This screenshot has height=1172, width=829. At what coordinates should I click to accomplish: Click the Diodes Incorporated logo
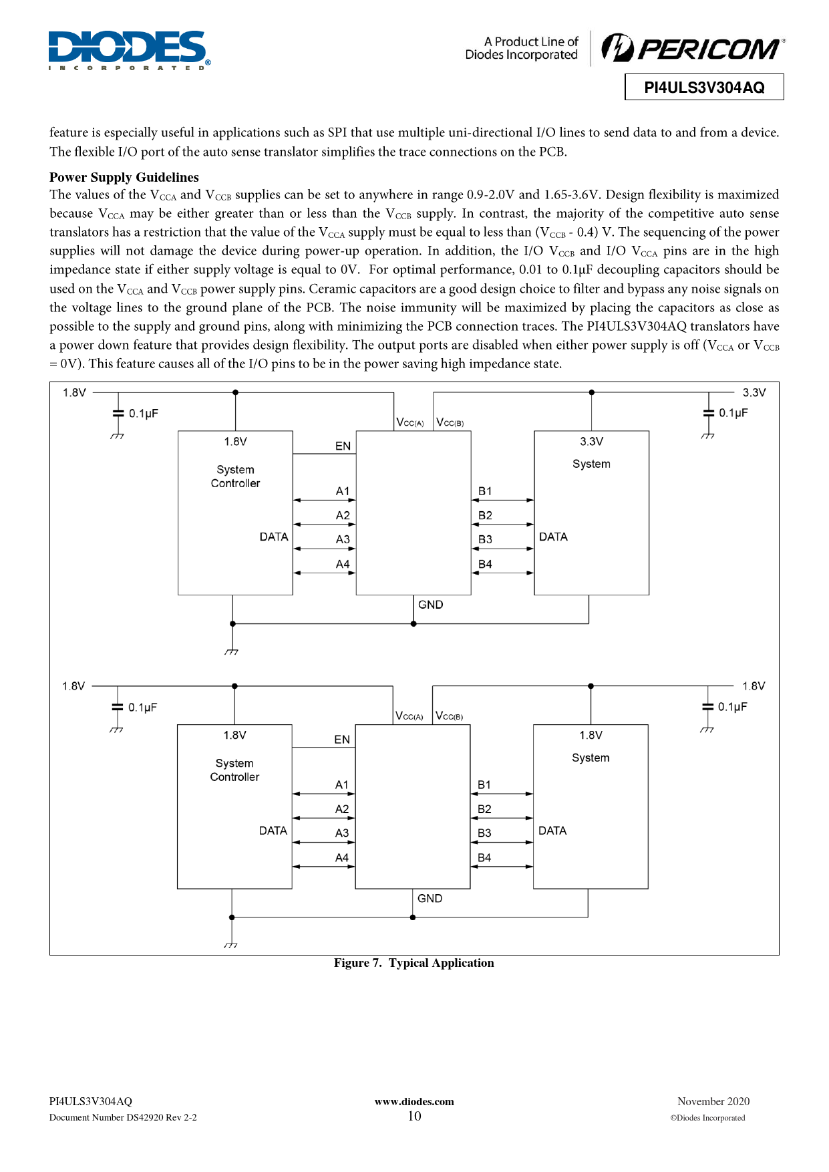coord(129,50)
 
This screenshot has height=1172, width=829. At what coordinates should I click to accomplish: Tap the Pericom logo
coord(693,48)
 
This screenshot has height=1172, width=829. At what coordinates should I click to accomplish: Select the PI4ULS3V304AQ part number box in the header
coord(704,88)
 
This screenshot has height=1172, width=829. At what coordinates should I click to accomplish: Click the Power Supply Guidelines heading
coord(124,177)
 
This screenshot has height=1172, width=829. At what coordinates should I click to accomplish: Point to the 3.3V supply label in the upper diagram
coord(754,392)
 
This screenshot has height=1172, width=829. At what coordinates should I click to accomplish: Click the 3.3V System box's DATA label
coord(553,537)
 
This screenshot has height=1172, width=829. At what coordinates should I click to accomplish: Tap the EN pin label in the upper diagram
coord(343,446)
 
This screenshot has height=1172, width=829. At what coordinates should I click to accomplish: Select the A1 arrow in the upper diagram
coord(324,500)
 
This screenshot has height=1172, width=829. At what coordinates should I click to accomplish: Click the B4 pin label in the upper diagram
coord(485,564)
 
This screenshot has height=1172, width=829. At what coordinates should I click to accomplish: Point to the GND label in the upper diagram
coord(430,605)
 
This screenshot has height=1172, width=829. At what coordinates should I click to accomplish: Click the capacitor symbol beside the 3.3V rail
coord(709,414)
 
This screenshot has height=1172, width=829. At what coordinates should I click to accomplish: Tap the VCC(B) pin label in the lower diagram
coord(450,716)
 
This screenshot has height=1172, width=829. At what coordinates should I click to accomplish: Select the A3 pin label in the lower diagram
coord(342,833)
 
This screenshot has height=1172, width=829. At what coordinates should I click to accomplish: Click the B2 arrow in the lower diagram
coord(502,818)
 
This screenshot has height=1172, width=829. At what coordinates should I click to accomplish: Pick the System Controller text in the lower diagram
coord(234,770)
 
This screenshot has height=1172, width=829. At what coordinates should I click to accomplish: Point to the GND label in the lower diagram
coord(430,899)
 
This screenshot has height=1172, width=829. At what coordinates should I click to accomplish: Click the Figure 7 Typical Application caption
coord(414,963)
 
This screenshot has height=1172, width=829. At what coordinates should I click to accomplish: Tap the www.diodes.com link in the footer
coord(414,1102)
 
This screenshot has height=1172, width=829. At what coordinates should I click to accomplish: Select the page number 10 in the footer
coord(414,1116)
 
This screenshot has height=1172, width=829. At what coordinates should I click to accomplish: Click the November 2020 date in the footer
coord(713,1101)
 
